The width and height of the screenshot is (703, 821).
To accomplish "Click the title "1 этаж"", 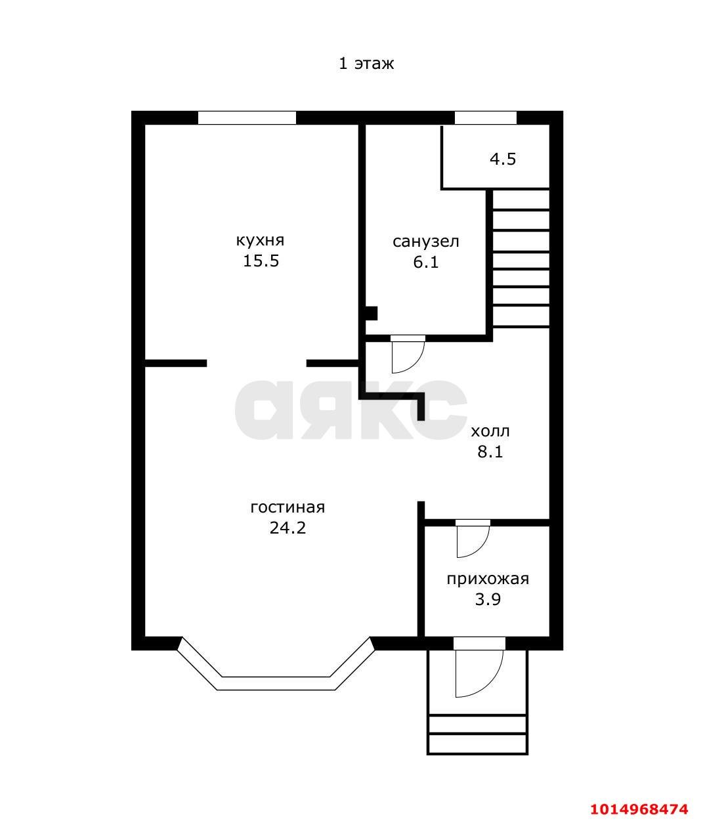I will pos(366,64).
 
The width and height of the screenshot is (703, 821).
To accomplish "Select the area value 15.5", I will pos(261,261).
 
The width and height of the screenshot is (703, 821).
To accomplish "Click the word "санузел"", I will pos(425,242).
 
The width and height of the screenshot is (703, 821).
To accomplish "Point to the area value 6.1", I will pos(425,263).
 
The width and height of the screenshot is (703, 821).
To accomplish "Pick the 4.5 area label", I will pos(503,159).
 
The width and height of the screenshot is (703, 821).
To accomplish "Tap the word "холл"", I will pos(490,431).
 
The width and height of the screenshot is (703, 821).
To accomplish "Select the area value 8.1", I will pos(490,452).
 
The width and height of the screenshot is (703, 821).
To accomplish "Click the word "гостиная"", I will pos(288,507).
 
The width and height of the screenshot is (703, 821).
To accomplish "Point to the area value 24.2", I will pos(288,528).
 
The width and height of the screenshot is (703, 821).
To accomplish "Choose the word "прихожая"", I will pos(487,579).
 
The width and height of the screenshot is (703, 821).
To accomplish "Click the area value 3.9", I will pos(487,600).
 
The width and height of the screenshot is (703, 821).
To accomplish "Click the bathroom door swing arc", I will pos(408,356).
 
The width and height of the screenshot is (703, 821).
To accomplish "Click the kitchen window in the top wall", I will pos(247,118).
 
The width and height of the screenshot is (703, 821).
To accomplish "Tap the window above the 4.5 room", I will pos(486,118).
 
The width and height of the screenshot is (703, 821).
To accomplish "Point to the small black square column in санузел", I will pos(372,313).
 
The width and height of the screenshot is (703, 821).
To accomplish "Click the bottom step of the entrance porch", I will pos(477,744).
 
